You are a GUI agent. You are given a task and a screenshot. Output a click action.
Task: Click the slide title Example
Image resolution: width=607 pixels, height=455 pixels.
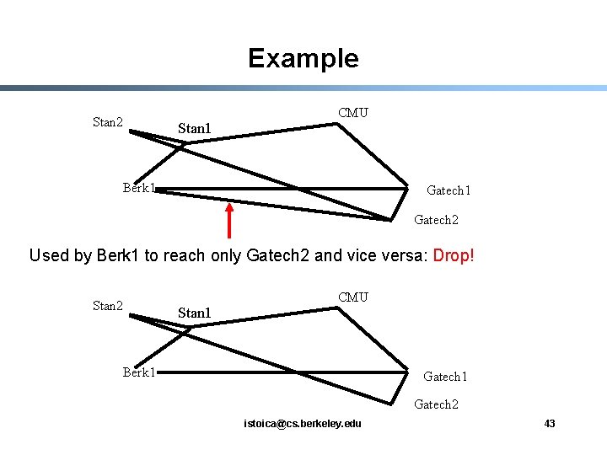click(303, 58)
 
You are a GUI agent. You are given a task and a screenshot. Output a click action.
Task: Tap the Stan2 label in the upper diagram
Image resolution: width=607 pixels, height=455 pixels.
click(108, 122)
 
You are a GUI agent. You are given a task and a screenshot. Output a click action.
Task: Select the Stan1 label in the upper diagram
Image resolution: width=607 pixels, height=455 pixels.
click(194, 129)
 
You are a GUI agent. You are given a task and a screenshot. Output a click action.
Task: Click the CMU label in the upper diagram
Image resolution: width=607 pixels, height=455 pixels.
click(352, 113)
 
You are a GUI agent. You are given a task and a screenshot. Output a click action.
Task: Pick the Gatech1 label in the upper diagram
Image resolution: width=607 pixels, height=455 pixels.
click(449, 190)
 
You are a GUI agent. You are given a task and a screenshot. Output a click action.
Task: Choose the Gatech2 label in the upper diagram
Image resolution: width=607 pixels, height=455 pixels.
click(436, 220)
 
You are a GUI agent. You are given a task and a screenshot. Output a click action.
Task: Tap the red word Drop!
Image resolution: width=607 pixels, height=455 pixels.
click(454, 254)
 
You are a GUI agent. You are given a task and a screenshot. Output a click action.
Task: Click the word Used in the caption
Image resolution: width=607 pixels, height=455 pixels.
click(48, 254)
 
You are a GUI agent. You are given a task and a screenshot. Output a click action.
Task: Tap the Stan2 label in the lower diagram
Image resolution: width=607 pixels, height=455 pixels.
click(108, 306)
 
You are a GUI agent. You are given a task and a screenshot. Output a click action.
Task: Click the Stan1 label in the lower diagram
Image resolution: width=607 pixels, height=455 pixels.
click(194, 313)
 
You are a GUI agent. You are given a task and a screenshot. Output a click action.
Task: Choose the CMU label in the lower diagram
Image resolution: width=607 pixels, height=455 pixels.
click(352, 297)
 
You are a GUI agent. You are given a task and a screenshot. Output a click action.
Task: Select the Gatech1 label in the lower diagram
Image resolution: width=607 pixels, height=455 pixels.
click(445, 377)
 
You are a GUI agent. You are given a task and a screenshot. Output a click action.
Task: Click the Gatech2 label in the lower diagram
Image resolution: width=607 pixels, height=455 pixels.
click(436, 404)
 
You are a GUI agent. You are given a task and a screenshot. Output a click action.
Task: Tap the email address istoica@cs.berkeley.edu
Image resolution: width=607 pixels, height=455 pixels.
click(302, 423)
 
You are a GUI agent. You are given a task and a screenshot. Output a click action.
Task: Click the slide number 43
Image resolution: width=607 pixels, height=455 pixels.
click(550, 423)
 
